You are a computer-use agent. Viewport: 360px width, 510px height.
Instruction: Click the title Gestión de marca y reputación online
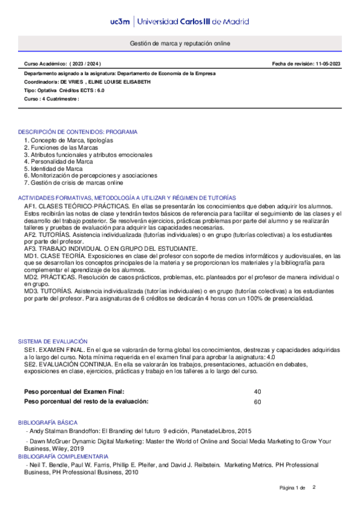tap(180, 44)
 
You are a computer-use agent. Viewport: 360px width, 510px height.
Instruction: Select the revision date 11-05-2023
tap(328, 63)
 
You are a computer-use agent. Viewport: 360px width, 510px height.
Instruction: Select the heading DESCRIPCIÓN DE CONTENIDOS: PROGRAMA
tap(78, 131)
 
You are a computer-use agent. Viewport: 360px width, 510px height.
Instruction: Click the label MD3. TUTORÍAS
tap(50, 291)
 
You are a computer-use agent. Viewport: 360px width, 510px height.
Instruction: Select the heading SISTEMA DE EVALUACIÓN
tap(53, 341)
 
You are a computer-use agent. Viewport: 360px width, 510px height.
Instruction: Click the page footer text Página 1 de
tap(293, 487)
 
